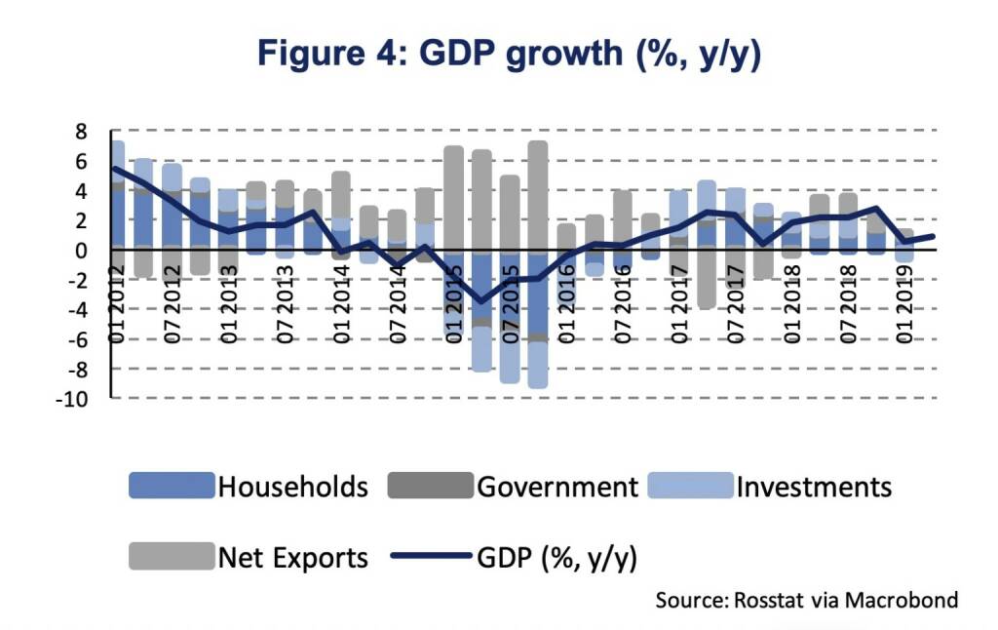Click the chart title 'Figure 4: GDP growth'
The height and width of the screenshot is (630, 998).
tap(508, 54)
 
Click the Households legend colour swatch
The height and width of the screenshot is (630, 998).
tap(171, 486)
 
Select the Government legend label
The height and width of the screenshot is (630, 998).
tap(557, 486)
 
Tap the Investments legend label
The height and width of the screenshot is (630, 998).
tap(815, 486)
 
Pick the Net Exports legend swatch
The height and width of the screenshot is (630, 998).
tap(171, 557)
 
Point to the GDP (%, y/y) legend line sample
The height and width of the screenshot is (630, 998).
tap(431, 557)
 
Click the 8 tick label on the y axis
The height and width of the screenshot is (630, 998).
tap(81, 131)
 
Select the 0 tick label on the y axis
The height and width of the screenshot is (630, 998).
tap(81, 250)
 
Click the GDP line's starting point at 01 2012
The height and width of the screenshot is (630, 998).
tap(115, 168)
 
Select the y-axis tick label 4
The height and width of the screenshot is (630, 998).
tap(81, 190)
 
